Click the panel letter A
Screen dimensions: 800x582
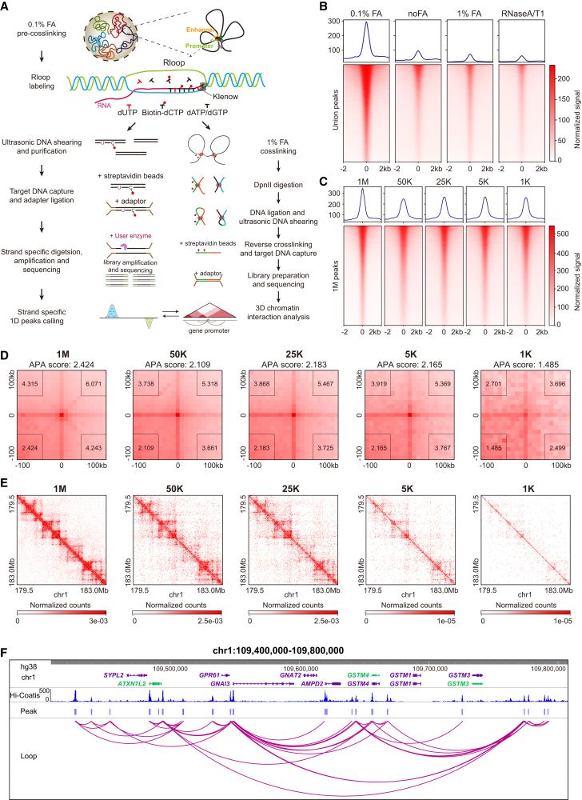pyautogui.click(x=9, y=9)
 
